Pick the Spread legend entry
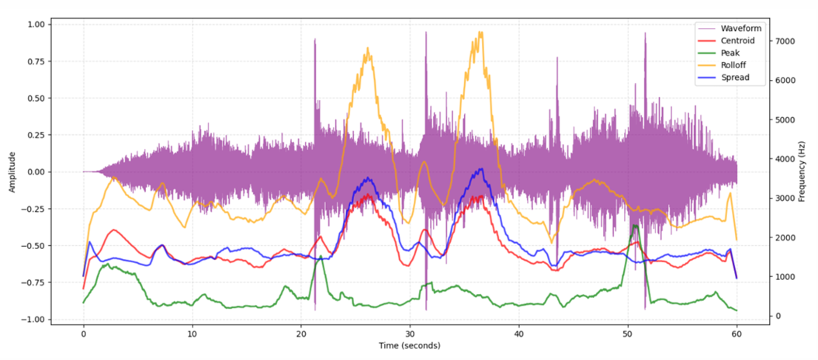click(x=732, y=78)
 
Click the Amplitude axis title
click(x=12, y=171)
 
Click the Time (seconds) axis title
click(x=409, y=345)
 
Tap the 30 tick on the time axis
click(x=410, y=332)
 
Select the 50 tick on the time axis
click(x=628, y=332)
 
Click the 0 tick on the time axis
click(x=83, y=332)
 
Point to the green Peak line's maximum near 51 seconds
click(x=635, y=225)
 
